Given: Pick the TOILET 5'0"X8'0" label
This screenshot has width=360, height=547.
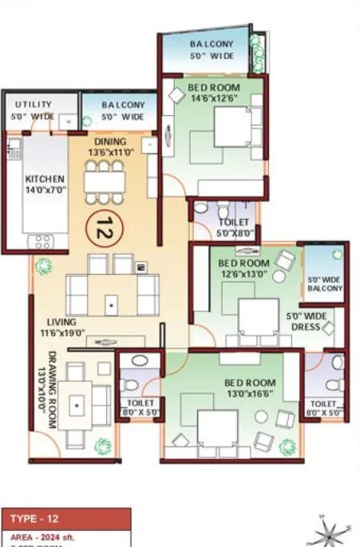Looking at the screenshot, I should pos(232,228).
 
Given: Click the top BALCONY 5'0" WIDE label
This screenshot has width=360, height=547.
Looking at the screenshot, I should pos(211,50).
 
